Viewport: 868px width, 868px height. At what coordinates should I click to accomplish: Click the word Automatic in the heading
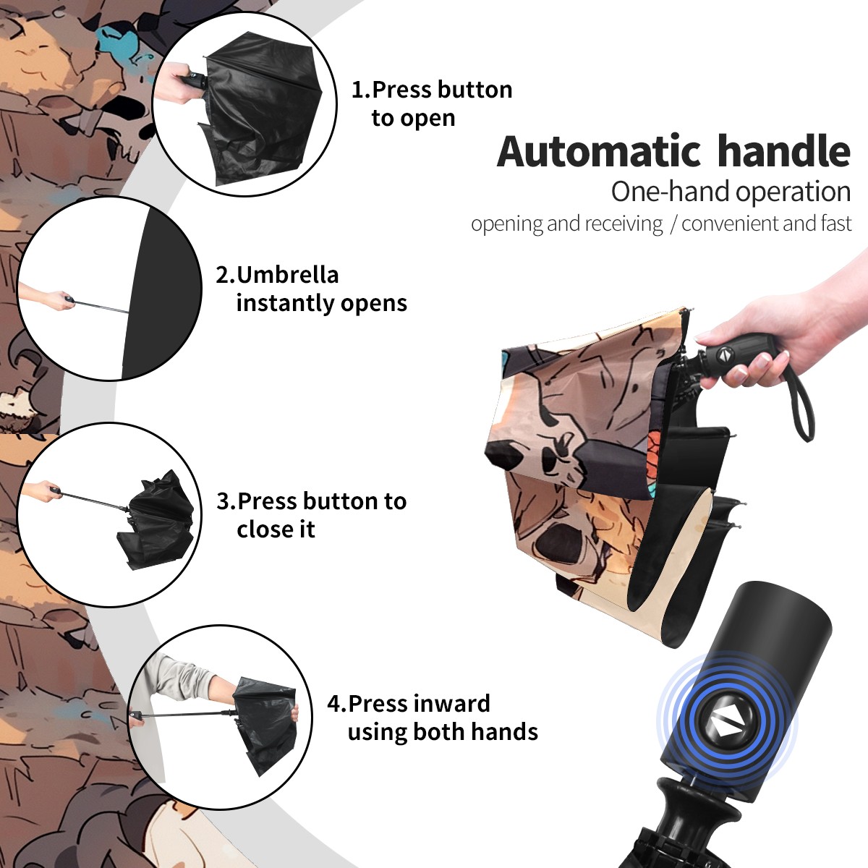click(599, 152)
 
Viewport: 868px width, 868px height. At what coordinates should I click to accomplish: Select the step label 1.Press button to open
click(432, 103)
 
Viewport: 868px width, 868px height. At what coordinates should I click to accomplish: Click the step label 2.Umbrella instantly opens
click(311, 289)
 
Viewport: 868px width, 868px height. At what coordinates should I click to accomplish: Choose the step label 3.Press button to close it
click(311, 515)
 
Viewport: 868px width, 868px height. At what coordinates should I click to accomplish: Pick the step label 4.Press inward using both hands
click(433, 718)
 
